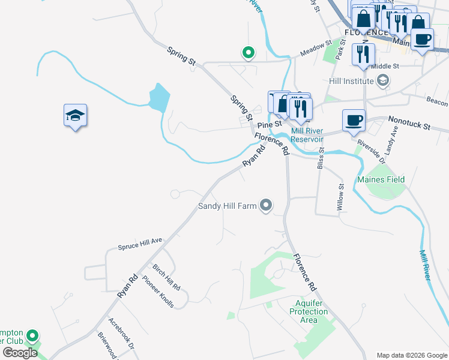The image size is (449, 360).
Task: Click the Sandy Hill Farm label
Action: [228, 206]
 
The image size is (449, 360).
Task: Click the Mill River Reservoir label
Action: [307, 135]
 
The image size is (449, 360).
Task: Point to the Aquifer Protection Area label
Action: [309, 311]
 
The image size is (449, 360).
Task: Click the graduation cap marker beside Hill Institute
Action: [382, 80]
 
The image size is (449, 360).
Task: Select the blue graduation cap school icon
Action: [76, 115]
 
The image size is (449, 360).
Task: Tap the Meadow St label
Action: [316, 49]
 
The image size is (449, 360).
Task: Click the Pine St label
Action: [265, 125]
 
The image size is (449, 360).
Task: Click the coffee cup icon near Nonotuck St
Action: [354, 119]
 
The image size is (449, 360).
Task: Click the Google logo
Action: [20, 353]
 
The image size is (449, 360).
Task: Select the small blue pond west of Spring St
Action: [159, 97]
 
